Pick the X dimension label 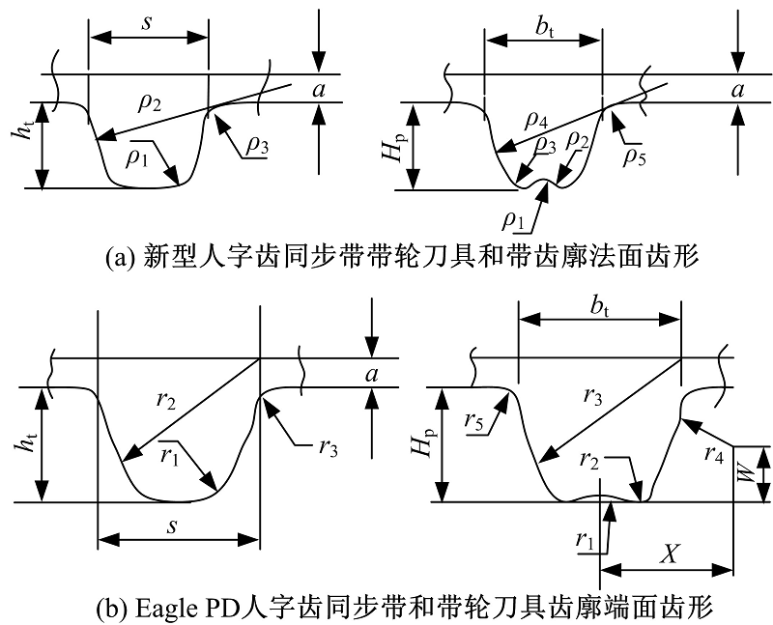(x=666, y=553)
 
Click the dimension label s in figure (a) (x=147, y=19)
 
